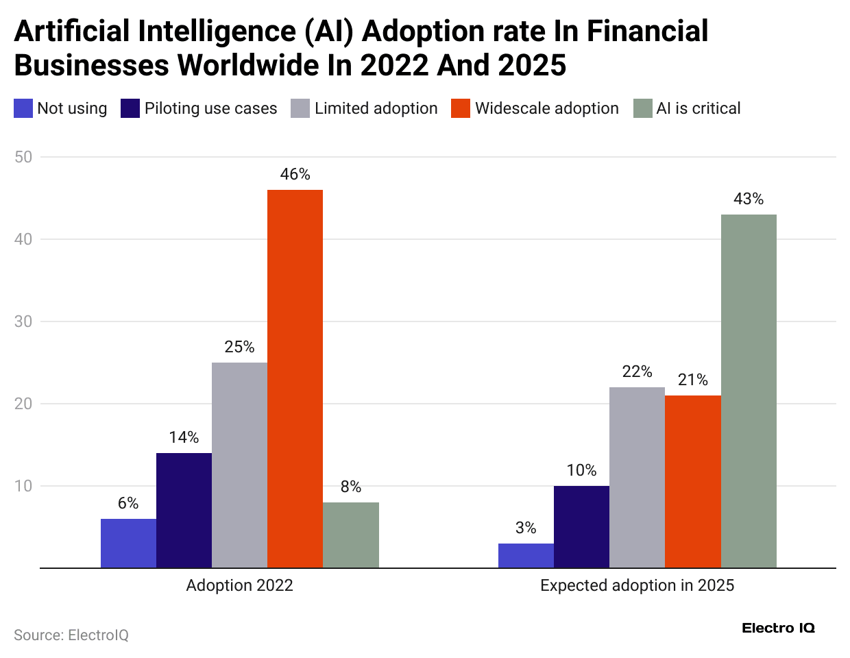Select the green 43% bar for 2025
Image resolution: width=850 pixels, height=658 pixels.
pyautogui.click(x=749, y=391)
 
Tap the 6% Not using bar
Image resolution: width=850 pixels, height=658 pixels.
pyautogui.click(x=128, y=543)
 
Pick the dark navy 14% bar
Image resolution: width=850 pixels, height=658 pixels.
pyautogui.click(x=184, y=510)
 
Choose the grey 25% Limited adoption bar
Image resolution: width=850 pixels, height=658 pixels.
pyautogui.click(x=239, y=465)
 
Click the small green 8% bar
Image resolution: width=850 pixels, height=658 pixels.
pyautogui.click(x=351, y=535)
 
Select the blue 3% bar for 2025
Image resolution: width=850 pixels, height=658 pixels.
pyautogui.click(x=526, y=555)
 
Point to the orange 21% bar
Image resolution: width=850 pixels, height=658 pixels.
pyautogui.click(x=692, y=481)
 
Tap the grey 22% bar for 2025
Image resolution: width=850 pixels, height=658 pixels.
pyautogui.click(x=637, y=477)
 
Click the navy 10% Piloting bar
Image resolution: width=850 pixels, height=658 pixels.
pyautogui.click(x=581, y=526)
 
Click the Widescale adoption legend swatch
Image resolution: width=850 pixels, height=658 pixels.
pyautogui.click(x=461, y=108)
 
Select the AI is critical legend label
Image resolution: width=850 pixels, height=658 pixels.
pyautogui.click(x=698, y=108)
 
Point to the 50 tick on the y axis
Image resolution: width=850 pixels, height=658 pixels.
pyautogui.click(x=23, y=157)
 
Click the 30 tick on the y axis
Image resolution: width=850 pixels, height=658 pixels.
pyautogui.click(x=23, y=321)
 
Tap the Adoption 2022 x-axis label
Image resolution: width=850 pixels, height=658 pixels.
pyautogui.click(x=239, y=585)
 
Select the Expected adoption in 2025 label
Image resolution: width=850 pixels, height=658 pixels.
pyautogui.click(x=637, y=585)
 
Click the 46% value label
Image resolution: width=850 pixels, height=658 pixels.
pyautogui.click(x=295, y=174)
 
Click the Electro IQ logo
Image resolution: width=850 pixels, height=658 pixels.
pyautogui.click(x=778, y=628)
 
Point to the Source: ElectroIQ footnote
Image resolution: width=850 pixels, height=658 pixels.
pyautogui.click(x=71, y=635)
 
